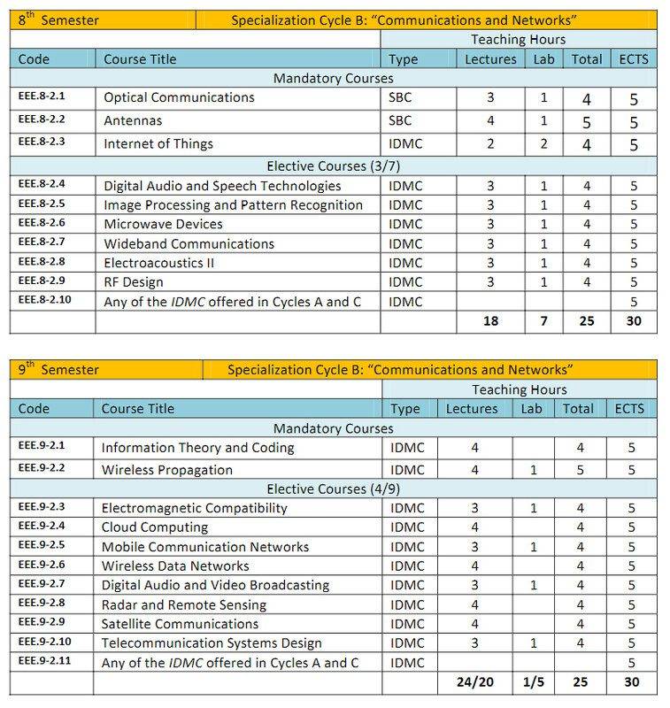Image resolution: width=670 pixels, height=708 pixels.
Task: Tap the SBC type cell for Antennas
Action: point(400,121)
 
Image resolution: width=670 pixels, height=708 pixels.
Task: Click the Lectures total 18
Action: point(490,320)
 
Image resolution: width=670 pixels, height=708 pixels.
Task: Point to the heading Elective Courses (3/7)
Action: point(332,165)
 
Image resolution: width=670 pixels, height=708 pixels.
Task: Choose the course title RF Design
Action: point(134,282)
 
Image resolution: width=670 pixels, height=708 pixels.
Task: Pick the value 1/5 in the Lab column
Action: point(532,683)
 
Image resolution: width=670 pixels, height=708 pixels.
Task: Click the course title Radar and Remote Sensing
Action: point(184,605)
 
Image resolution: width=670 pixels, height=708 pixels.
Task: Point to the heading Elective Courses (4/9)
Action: point(332,489)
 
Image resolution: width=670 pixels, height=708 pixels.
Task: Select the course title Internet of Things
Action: point(158,144)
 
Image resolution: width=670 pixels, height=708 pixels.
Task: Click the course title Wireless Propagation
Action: point(167,470)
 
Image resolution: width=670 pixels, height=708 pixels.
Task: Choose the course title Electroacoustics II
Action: point(159,263)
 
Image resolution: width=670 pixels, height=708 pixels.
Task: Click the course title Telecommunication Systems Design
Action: point(212,643)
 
